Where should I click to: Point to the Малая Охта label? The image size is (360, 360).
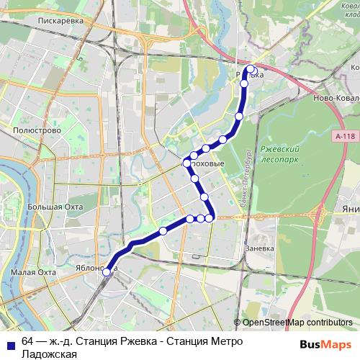click(33, 273)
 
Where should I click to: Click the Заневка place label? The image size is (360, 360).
click(261, 248)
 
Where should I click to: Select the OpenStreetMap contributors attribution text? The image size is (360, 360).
click(297, 323)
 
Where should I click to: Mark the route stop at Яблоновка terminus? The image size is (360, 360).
click(107, 271)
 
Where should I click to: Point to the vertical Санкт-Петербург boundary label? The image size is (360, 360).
click(245, 180)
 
